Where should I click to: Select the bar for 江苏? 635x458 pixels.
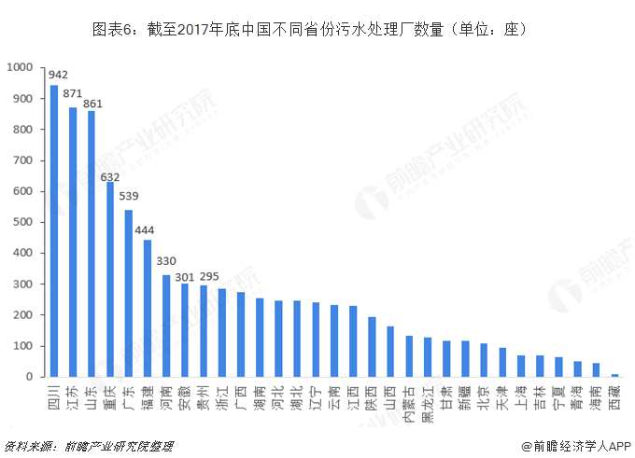click(73, 243)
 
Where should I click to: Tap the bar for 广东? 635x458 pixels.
click(129, 294)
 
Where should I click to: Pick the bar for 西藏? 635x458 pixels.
click(614, 375)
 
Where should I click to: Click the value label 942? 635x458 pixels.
click(58, 75)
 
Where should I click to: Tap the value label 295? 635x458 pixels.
click(209, 276)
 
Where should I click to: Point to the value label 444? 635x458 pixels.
click(147, 230)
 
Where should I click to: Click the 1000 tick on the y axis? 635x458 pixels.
click(20, 68)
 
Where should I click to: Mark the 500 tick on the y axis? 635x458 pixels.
click(23, 222)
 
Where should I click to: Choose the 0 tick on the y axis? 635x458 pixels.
click(31, 377)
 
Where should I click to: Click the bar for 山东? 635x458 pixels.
click(92, 244)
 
